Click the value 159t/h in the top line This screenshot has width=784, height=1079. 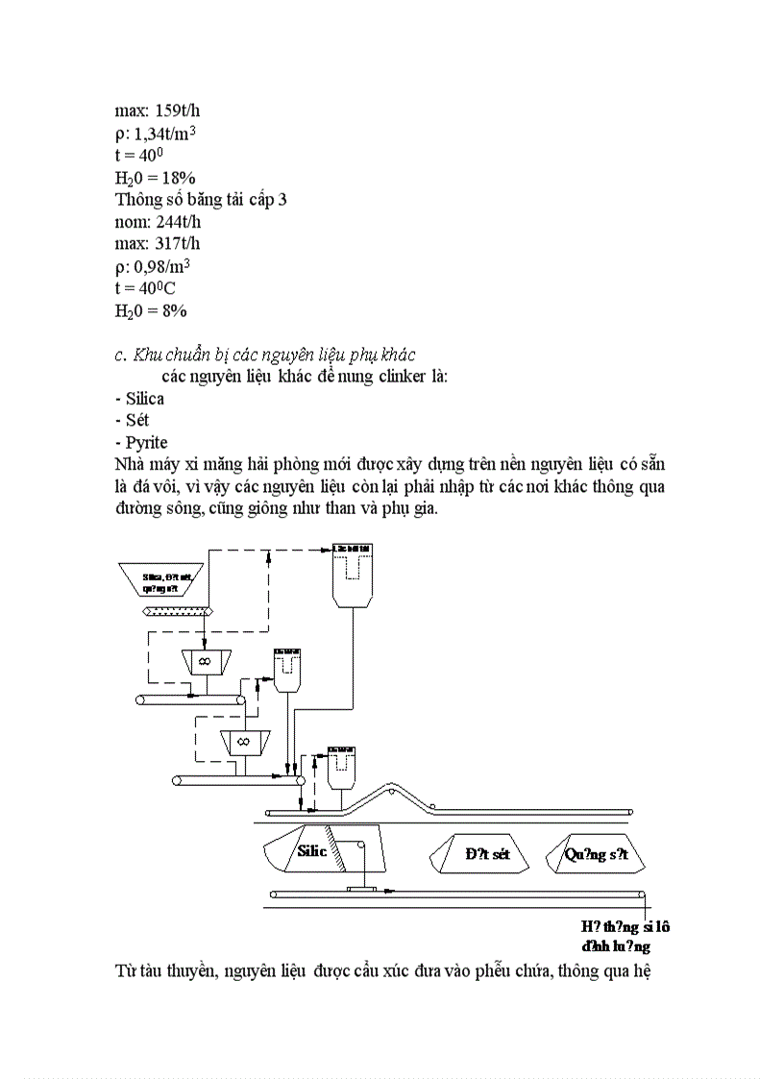pyautogui.click(x=178, y=110)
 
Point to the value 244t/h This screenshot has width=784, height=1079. pyautogui.click(x=178, y=222)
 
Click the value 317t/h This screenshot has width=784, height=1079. pyautogui.click(x=178, y=244)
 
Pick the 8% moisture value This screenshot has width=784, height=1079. pyautogui.click(x=174, y=310)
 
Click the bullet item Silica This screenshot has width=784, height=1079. pyautogui.click(x=144, y=399)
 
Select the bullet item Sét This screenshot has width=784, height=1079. pyautogui.click(x=137, y=421)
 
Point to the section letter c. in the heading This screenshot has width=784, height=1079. pyautogui.click(x=121, y=355)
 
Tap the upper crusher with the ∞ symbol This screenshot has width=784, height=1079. pyautogui.click(x=205, y=662)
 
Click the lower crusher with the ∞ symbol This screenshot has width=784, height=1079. pyautogui.click(x=243, y=743)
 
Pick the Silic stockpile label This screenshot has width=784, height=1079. pyautogui.click(x=312, y=850)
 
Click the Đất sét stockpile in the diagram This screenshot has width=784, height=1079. pyautogui.click(x=487, y=854)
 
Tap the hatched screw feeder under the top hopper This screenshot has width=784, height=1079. pyautogui.click(x=178, y=612)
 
